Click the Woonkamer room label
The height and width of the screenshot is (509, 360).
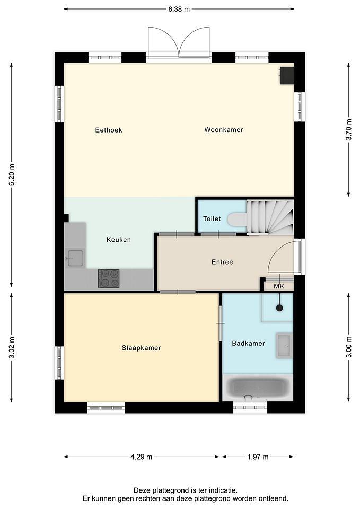pyautogui.click(x=224, y=130)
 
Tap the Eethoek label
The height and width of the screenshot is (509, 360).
pyautogui.click(x=109, y=130)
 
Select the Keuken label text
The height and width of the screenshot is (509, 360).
pyautogui.click(x=119, y=240)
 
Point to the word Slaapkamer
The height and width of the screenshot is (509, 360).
pyautogui.click(x=141, y=348)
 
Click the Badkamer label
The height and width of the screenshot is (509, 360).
pyautogui.click(x=248, y=344)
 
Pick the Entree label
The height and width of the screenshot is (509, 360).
pyautogui.click(x=222, y=262)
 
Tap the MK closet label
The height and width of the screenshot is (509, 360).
pyautogui.click(x=279, y=286)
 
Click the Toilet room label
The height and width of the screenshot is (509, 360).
pyautogui.click(x=212, y=219)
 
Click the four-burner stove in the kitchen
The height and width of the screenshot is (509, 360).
pyautogui.click(x=109, y=278)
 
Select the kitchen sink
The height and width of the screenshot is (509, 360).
pyautogui.click(x=75, y=258)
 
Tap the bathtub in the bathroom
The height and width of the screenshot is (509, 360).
pyautogui.click(x=258, y=388)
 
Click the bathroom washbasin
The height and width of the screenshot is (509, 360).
pyautogui.click(x=284, y=345)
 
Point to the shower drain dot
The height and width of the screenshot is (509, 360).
pyautogui.click(x=279, y=308)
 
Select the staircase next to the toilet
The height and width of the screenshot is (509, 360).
pyautogui.click(x=270, y=217)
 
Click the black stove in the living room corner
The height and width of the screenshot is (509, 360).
pyautogui.click(x=287, y=76)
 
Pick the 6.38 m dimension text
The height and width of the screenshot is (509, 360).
pyautogui.click(x=179, y=9)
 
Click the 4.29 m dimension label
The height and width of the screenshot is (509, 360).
pyautogui.click(x=141, y=457)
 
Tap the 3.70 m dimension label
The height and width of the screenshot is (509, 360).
pyautogui.click(x=349, y=130)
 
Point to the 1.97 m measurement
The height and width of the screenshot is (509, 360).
pyautogui.click(x=258, y=457)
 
